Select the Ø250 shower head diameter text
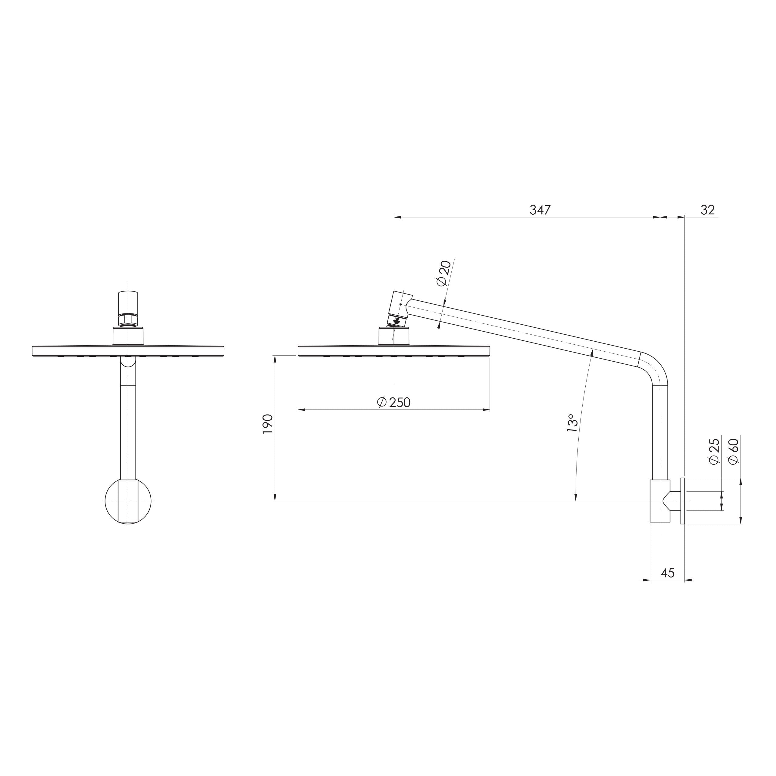(x=394, y=402)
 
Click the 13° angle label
(x=572, y=423)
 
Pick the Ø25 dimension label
(x=714, y=452)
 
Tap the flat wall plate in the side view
(x=682, y=501)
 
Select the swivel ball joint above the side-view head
(x=397, y=320)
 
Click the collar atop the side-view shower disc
(x=394, y=336)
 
